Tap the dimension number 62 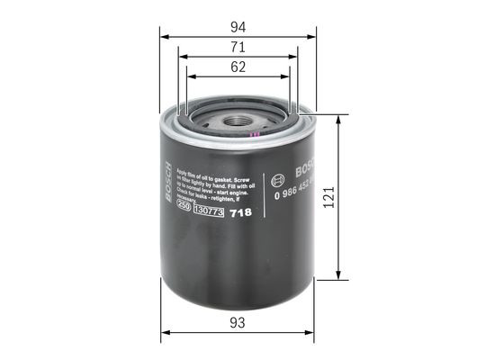pyautogui.click(x=238, y=67)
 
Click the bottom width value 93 pyautogui.click(x=238, y=322)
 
